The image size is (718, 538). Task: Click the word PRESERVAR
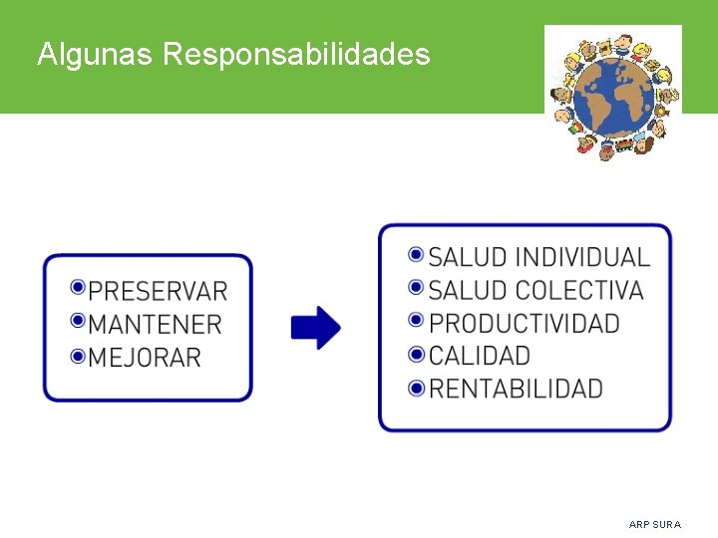pos(158,291)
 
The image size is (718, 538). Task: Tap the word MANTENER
pos(155,324)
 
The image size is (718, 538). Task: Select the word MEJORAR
pos(145,357)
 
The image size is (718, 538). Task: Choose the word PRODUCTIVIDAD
pos(525,323)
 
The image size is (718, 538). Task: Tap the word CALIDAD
pos(480,356)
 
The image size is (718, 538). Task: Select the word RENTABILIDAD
pos(516,389)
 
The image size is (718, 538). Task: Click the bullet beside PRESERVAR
pos(78,288)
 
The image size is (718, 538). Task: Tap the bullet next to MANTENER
pos(78,321)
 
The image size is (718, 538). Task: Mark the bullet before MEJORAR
pos(78,354)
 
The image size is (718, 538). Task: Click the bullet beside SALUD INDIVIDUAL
pos(417,254)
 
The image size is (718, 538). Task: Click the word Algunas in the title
pos(94,54)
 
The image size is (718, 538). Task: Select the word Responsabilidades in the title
pos(295,54)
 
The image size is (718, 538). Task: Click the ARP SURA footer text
pos(655,524)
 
